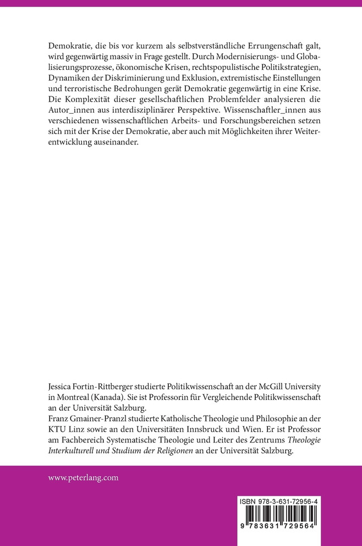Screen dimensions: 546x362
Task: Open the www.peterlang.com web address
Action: (83, 478)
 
